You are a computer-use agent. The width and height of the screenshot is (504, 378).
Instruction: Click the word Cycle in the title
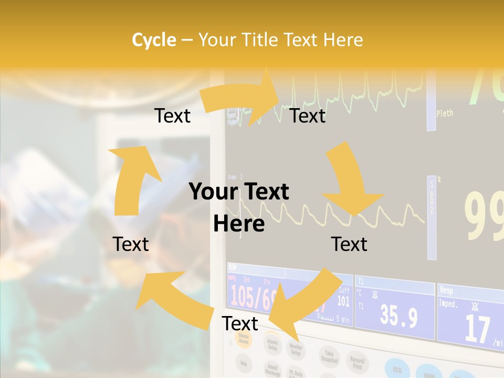154,40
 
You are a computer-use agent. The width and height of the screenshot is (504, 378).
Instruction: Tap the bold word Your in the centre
212,192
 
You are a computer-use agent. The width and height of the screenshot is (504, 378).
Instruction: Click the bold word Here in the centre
239,224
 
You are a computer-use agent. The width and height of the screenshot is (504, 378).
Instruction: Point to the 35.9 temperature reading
398,317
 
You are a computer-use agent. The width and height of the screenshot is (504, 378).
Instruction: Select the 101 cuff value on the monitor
343,301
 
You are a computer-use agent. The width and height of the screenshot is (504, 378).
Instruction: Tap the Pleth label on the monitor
445,113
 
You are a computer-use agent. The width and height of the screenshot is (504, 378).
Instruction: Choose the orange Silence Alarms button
244,340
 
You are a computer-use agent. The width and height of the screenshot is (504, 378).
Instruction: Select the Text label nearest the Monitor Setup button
240,323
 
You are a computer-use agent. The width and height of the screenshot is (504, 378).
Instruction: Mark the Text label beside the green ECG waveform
308,115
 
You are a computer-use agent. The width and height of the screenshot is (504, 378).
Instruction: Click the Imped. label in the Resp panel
449,303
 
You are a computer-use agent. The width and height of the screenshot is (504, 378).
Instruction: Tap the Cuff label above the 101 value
344,290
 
